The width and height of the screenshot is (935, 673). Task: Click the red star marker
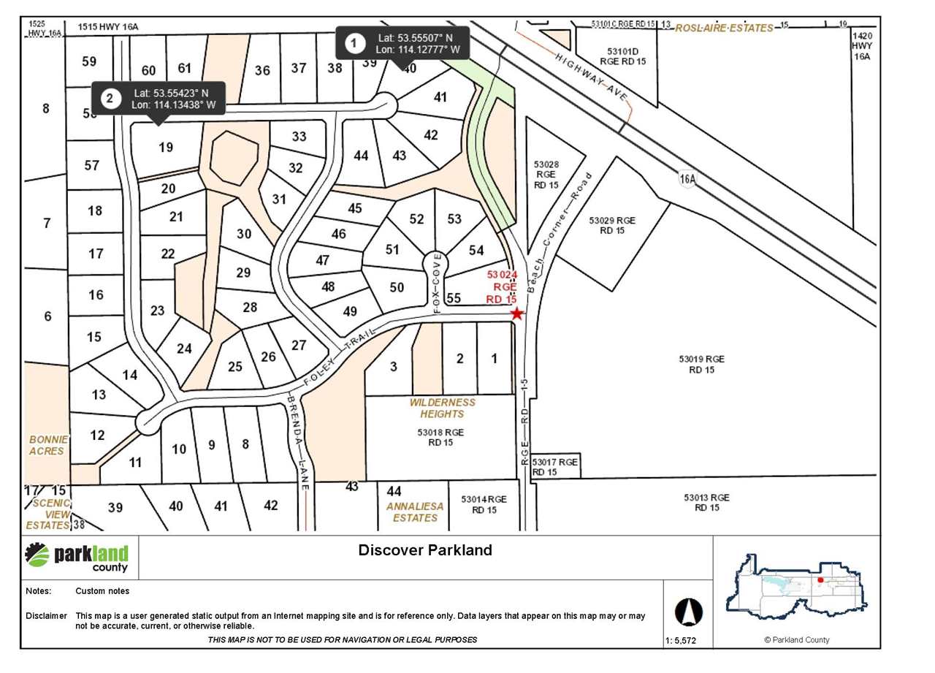[x=517, y=313]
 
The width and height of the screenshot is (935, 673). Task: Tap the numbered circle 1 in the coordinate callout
[x=355, y=44]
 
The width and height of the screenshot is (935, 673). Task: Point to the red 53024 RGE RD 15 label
[x=502, y=286]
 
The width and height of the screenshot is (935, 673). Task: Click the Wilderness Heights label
[x=442, y=408]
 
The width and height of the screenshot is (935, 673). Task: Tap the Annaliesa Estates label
[x=415, y=512]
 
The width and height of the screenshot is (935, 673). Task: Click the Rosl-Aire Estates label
[x=724, y=28]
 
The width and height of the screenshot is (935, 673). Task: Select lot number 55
[x=454, y=297]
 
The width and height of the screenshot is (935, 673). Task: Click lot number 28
[x=250, y=307]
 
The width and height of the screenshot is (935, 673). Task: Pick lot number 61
[x=184, y=68]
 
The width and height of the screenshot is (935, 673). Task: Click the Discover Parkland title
[x=424, y=550]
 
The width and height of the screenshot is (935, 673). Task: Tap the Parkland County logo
[x=77, y=557]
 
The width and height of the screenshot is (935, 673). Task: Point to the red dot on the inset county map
[x=820, y=580]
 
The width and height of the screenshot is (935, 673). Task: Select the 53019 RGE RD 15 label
[x=701, y=363]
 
